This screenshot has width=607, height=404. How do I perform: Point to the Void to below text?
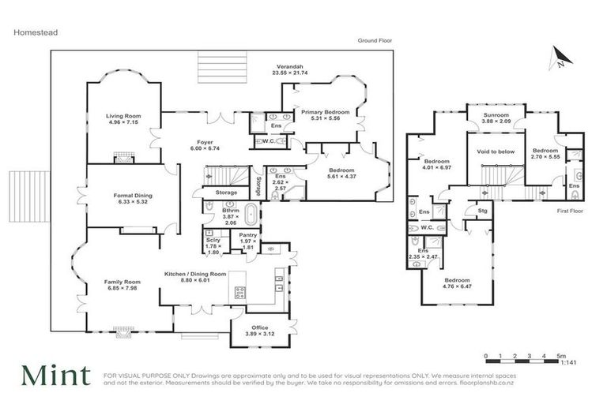tap(496, 151)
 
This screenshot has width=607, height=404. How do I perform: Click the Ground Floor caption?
tap(375, 40)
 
